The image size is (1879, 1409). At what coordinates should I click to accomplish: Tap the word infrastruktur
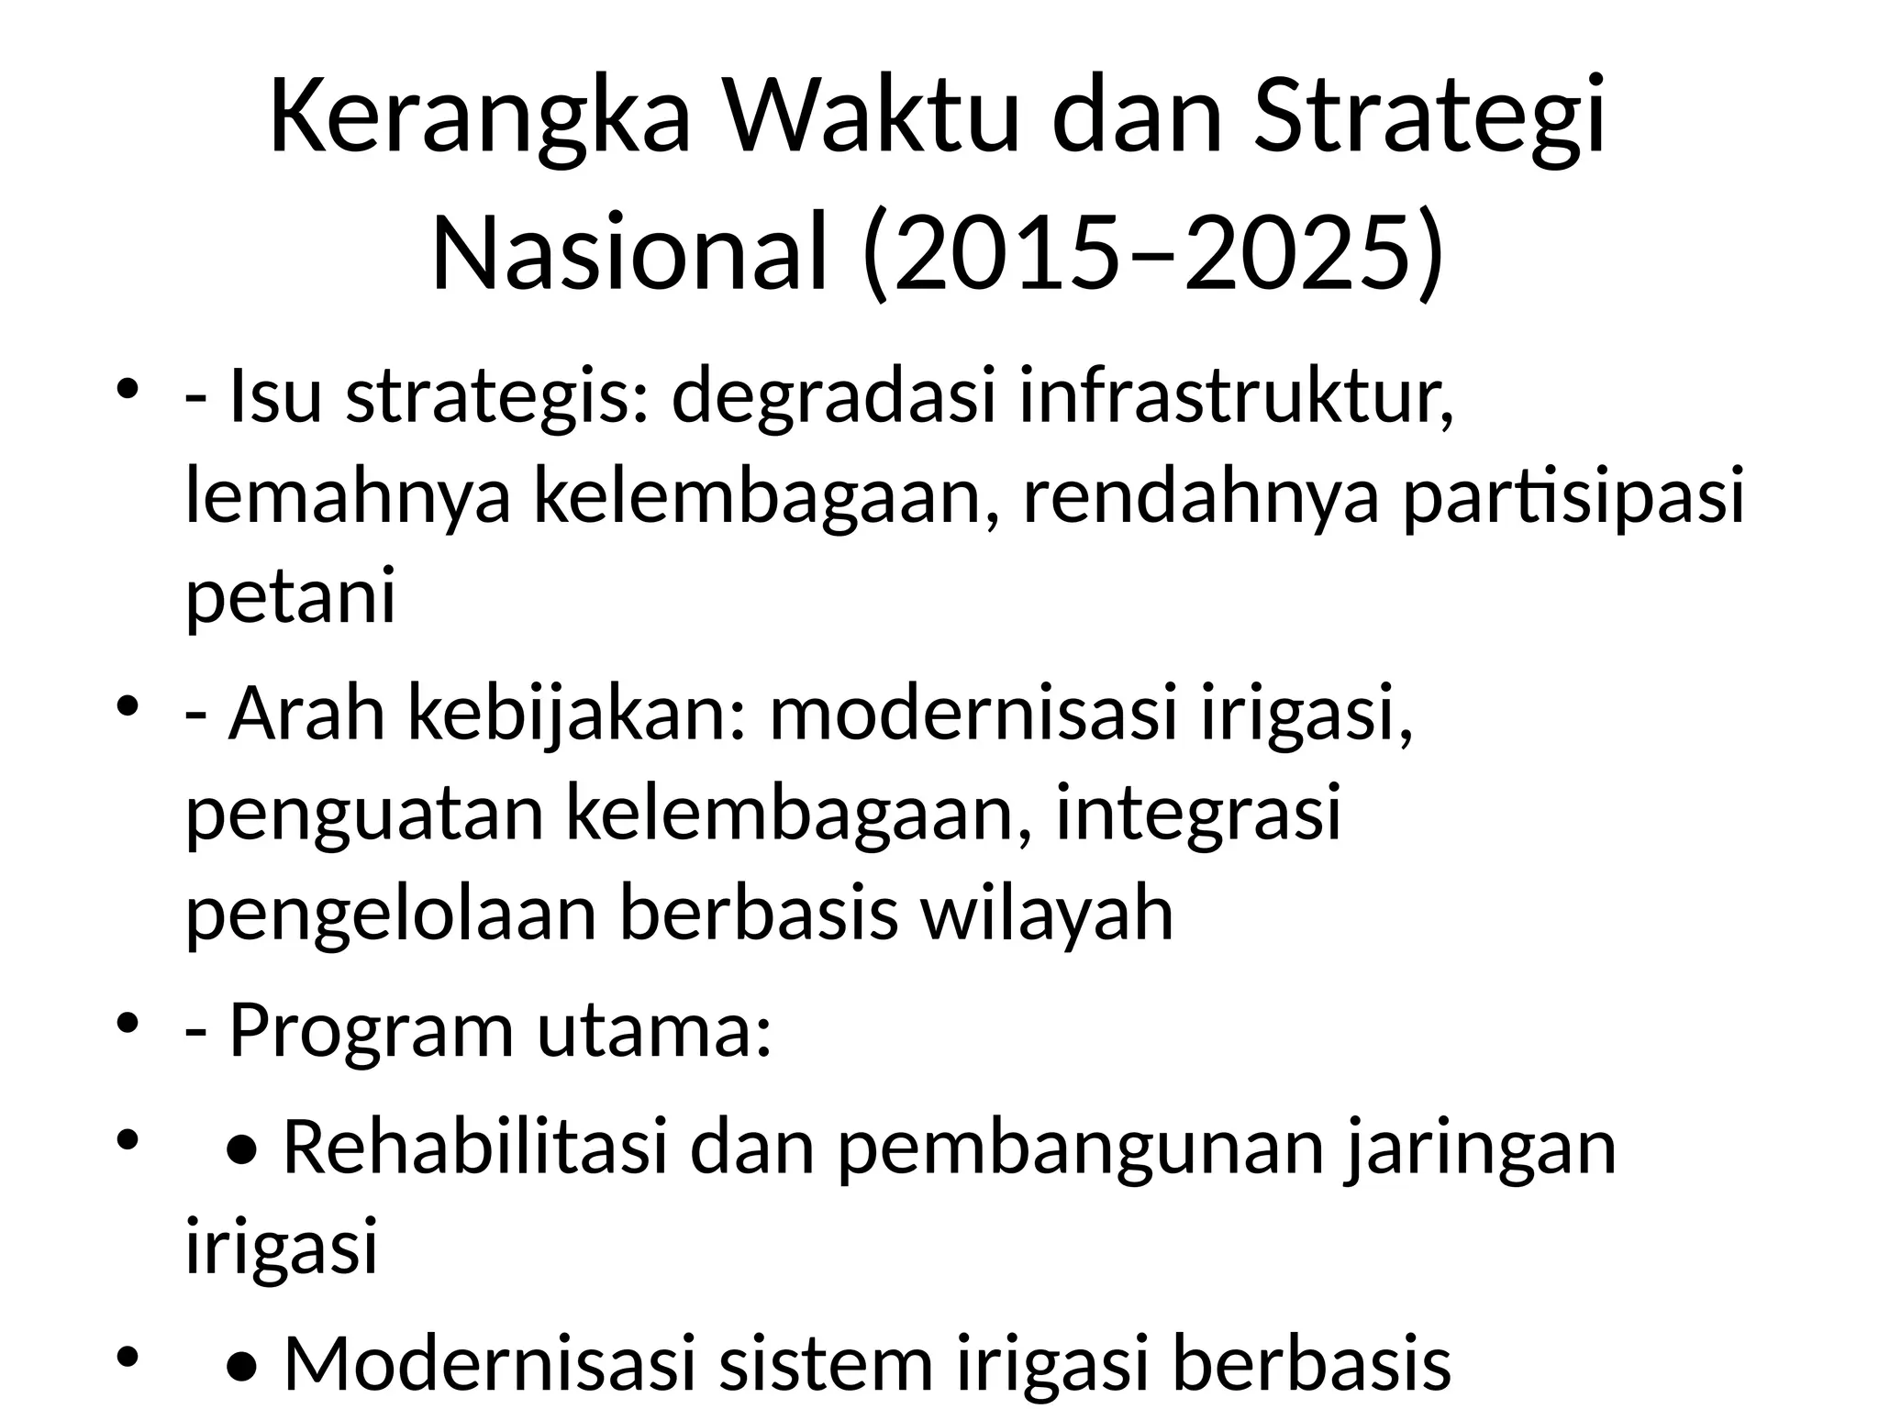pos(1237,397)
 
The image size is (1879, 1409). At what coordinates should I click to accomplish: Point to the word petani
pos(290,595)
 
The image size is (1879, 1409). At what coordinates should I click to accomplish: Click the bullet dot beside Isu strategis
pos(128,387)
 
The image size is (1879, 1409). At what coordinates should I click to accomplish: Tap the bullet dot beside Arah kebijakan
pos(128,704)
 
